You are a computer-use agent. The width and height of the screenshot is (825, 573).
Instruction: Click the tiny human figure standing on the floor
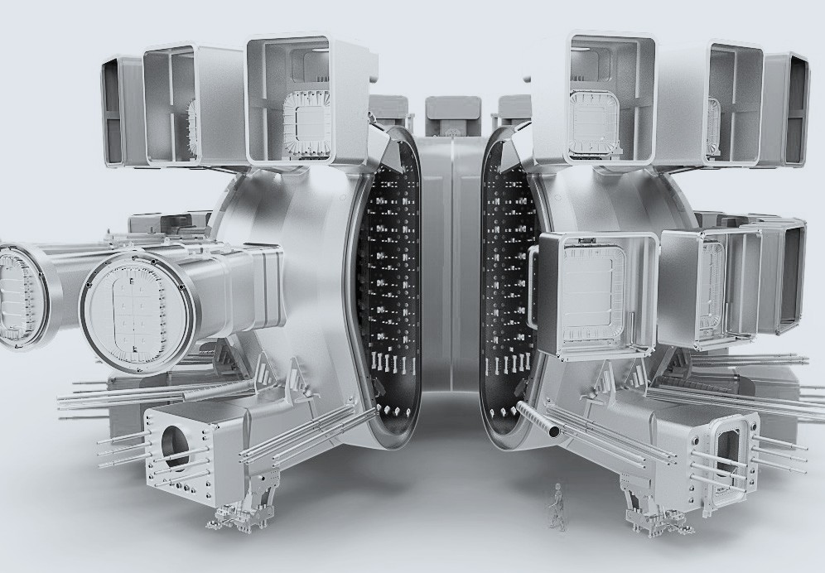[557, 507]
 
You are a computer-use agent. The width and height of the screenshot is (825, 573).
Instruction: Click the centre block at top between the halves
[451, 117]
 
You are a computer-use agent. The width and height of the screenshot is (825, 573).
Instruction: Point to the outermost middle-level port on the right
[783, 273]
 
